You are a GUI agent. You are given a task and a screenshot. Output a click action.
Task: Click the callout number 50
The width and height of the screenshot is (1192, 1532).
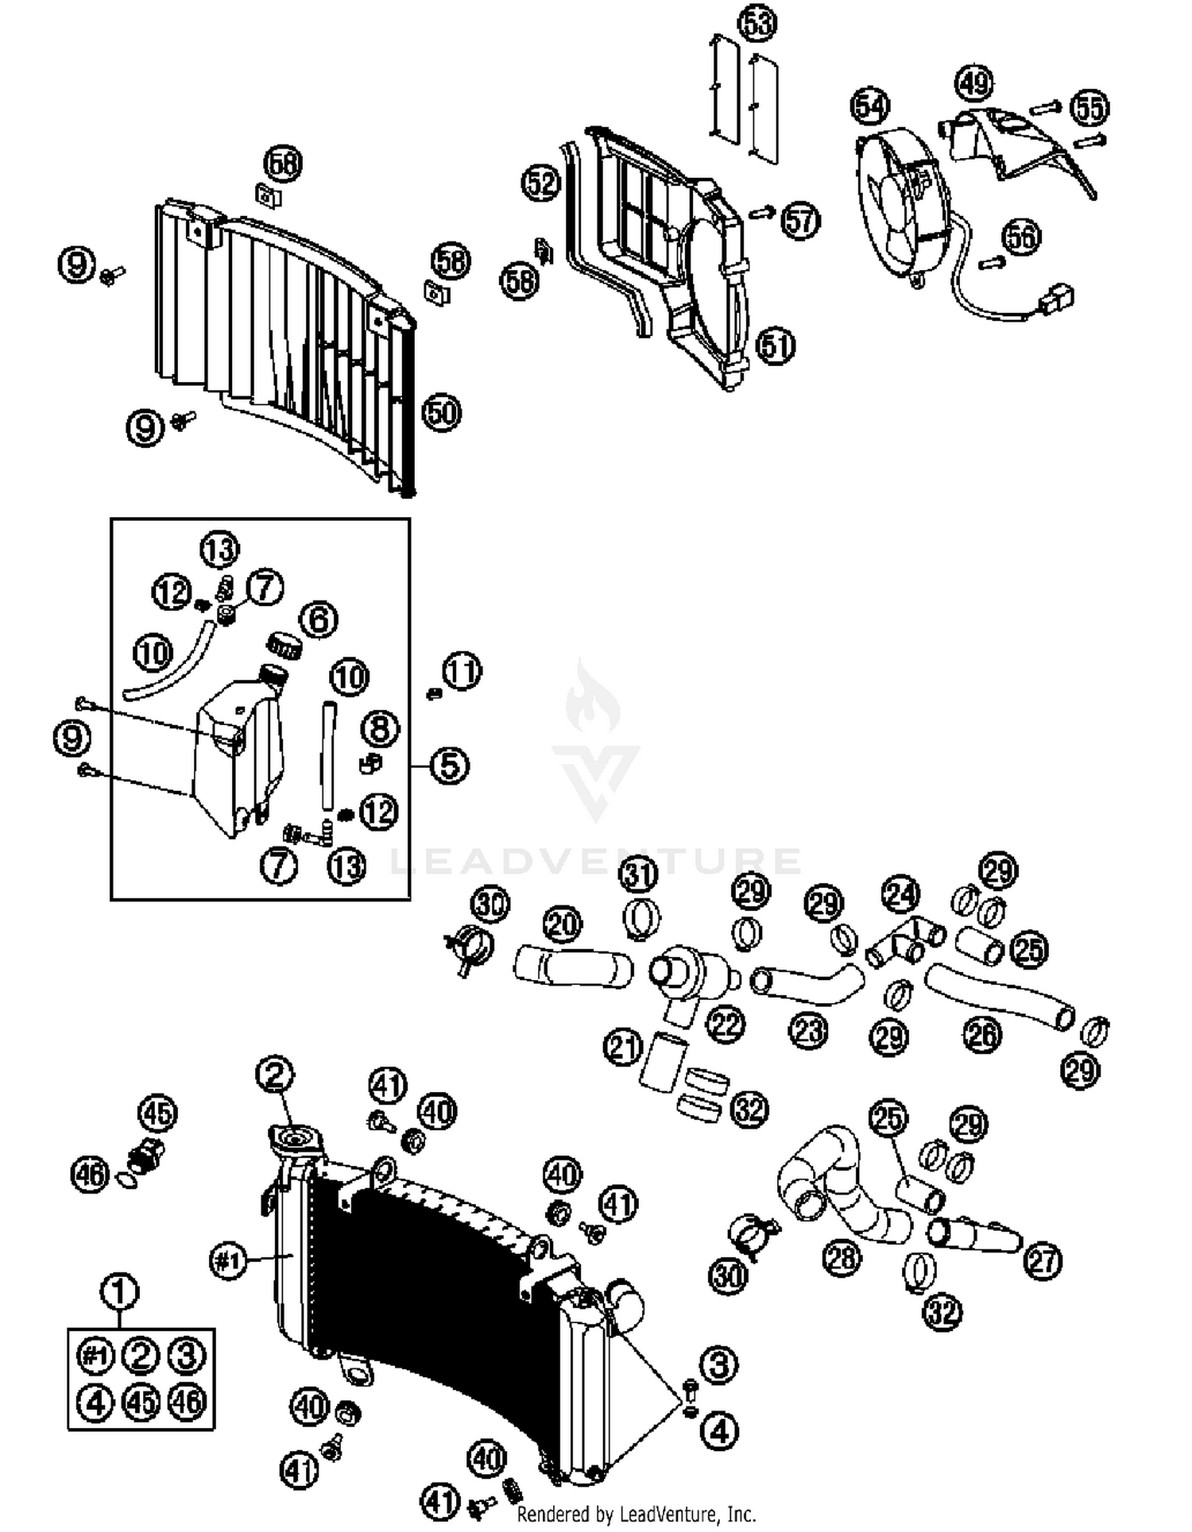pos(442,412)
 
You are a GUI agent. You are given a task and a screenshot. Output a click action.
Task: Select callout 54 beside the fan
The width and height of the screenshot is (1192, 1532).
pos(871,106)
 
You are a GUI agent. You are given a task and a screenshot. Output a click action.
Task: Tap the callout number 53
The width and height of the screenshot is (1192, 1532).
pos(757,22)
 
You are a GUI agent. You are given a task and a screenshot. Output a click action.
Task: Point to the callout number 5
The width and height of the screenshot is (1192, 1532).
pos(450,766)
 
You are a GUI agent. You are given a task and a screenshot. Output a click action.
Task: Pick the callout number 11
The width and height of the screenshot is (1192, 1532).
pos(462,671)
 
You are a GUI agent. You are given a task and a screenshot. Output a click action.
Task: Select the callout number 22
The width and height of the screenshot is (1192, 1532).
pos(726,1025)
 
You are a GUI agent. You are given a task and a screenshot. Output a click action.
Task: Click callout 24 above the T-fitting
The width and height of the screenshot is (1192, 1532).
pos(901,895)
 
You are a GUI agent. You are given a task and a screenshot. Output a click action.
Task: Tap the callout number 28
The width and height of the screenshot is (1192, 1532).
pos(842,1257)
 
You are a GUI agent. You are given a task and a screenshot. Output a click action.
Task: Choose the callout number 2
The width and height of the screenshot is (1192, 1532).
pos(275,1075)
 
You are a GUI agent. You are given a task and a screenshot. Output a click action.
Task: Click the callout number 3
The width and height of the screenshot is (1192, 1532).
pos(720,1365)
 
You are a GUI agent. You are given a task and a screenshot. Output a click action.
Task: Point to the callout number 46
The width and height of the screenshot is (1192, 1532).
pos(90,1174)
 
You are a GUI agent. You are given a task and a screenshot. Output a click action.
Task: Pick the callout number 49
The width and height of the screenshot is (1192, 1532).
pos(974,83)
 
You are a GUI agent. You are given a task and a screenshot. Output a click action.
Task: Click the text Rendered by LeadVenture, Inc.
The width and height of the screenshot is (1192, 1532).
pos(636,1514)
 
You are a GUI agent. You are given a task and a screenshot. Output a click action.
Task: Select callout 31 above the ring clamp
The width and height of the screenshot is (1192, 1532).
pos(639,874)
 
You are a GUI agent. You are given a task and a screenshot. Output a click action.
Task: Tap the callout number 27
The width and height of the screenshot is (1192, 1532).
pos(1043,1260)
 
